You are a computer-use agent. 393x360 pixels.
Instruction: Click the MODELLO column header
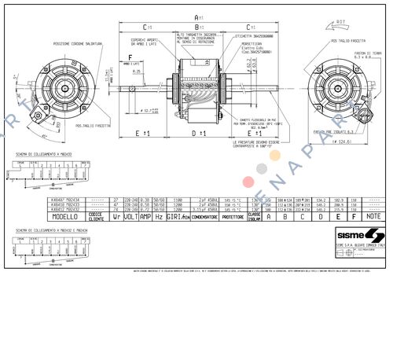(x=65, y=216)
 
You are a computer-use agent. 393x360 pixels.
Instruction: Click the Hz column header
(x=159, y=216)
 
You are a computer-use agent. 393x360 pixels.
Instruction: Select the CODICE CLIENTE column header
(x=96, y=216)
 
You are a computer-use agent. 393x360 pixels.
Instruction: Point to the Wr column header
(x=116, y=216)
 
